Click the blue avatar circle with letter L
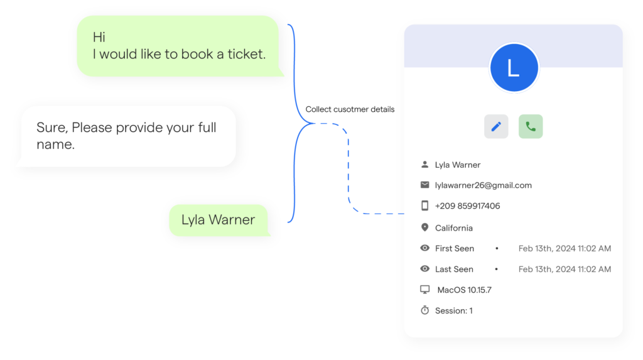[514, 67]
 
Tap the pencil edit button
[496, 126]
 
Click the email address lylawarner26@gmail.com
[483, 185]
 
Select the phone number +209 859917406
[467, 205]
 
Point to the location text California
[453, 228]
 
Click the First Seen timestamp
[565, 248]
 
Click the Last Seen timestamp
[565, 270]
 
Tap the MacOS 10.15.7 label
[464, 290]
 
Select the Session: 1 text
[453, 311]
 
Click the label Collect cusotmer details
[350, 109]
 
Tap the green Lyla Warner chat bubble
[219, 220]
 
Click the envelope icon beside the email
[425, 185]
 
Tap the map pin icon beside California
[425, 227]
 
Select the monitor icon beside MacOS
[425, 290]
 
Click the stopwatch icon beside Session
[425, 310]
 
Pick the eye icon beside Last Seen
[425, 269]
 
